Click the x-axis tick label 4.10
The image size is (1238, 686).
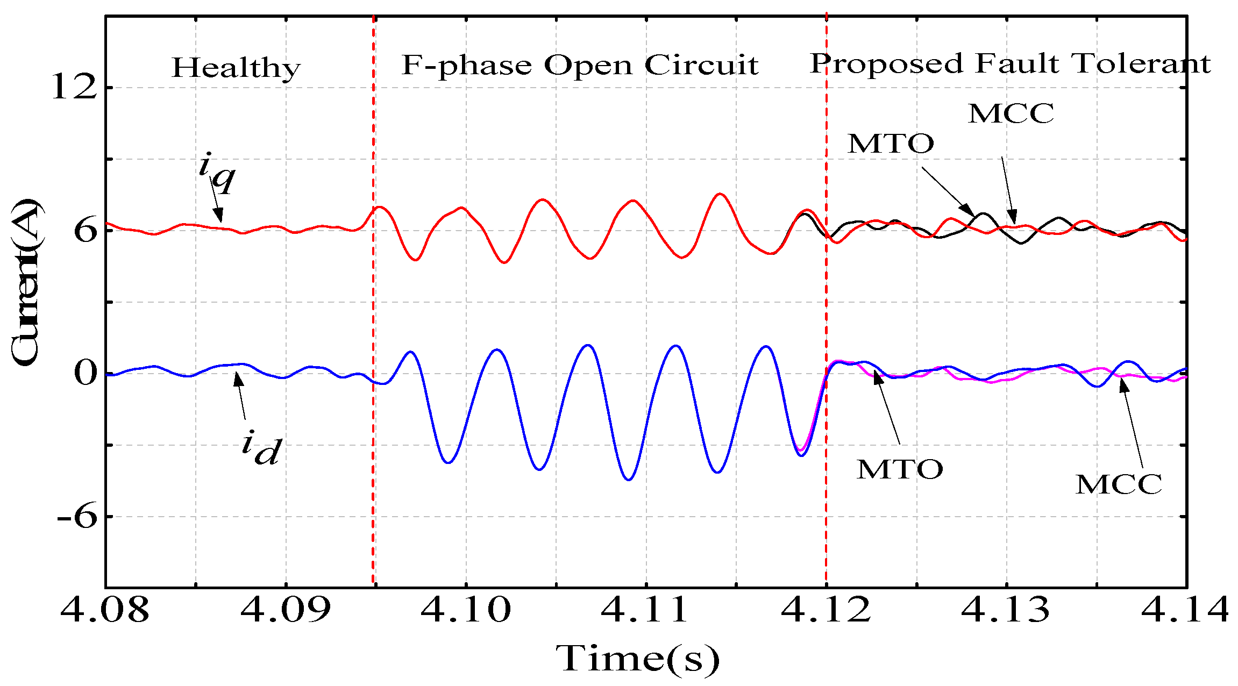(x=466, y=610)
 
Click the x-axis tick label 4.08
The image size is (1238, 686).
(x=105, y=610)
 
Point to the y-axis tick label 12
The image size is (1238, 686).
(x=74, y=88)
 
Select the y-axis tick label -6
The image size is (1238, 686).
(x=76, y=517)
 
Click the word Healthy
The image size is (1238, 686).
(x=236, y=68)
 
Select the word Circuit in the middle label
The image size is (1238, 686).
(x=701, y=66)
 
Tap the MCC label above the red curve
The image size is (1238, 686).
(x=1011, y=113)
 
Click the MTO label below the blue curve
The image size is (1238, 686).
(x=900, y=469)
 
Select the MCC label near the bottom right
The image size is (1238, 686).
(x=1119, y=484)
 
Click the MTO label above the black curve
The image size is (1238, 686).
(x=891, y=144)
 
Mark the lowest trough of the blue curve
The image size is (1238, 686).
(x=629, y=479)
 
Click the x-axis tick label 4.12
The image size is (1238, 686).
(x=826, y=610)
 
